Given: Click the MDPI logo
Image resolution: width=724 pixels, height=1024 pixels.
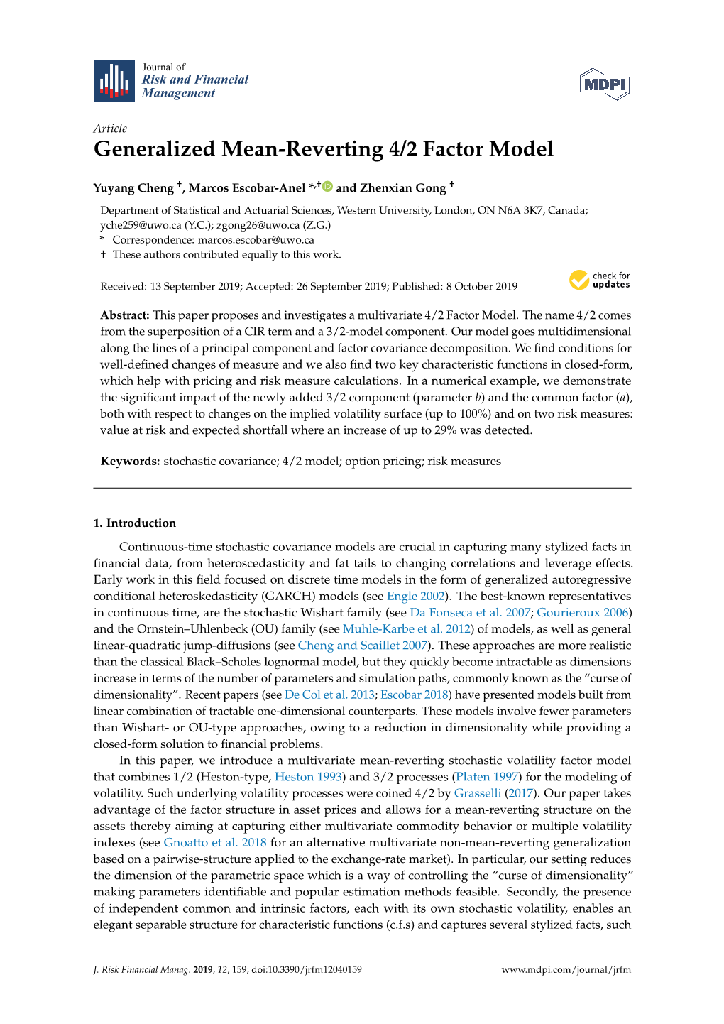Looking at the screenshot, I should tap(605, 85).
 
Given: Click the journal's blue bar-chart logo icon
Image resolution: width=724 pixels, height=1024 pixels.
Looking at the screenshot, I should tap(114, 81).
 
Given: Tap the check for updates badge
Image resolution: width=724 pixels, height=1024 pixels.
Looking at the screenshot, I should tap(599, 280).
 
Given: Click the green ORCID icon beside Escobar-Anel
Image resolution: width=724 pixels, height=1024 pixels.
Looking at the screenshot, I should tap(327, 187).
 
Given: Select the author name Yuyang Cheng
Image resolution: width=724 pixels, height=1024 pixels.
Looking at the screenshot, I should tap(133, 188).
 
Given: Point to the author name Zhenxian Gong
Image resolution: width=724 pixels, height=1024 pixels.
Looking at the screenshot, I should tap(402, 188).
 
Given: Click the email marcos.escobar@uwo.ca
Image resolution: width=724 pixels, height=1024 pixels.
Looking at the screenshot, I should tap(256, 240).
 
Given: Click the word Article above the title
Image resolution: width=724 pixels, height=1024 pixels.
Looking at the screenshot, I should tap(110, 129).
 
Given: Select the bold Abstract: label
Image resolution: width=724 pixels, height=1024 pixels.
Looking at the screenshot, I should tap(125, 315).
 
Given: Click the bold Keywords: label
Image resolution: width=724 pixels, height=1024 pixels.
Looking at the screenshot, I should tap(130, 462).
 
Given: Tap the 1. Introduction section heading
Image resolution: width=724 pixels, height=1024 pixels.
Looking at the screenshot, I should tap(135, 523).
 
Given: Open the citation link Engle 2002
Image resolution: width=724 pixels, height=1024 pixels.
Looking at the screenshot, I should tap(416, 597).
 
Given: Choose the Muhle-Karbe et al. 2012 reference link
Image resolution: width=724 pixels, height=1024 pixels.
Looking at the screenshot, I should tap(406, 629).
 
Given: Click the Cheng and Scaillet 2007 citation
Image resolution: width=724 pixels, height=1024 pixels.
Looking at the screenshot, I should tap(362, 646).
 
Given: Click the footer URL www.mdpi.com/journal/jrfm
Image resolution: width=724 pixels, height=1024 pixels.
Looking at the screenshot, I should tap(566, 970).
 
